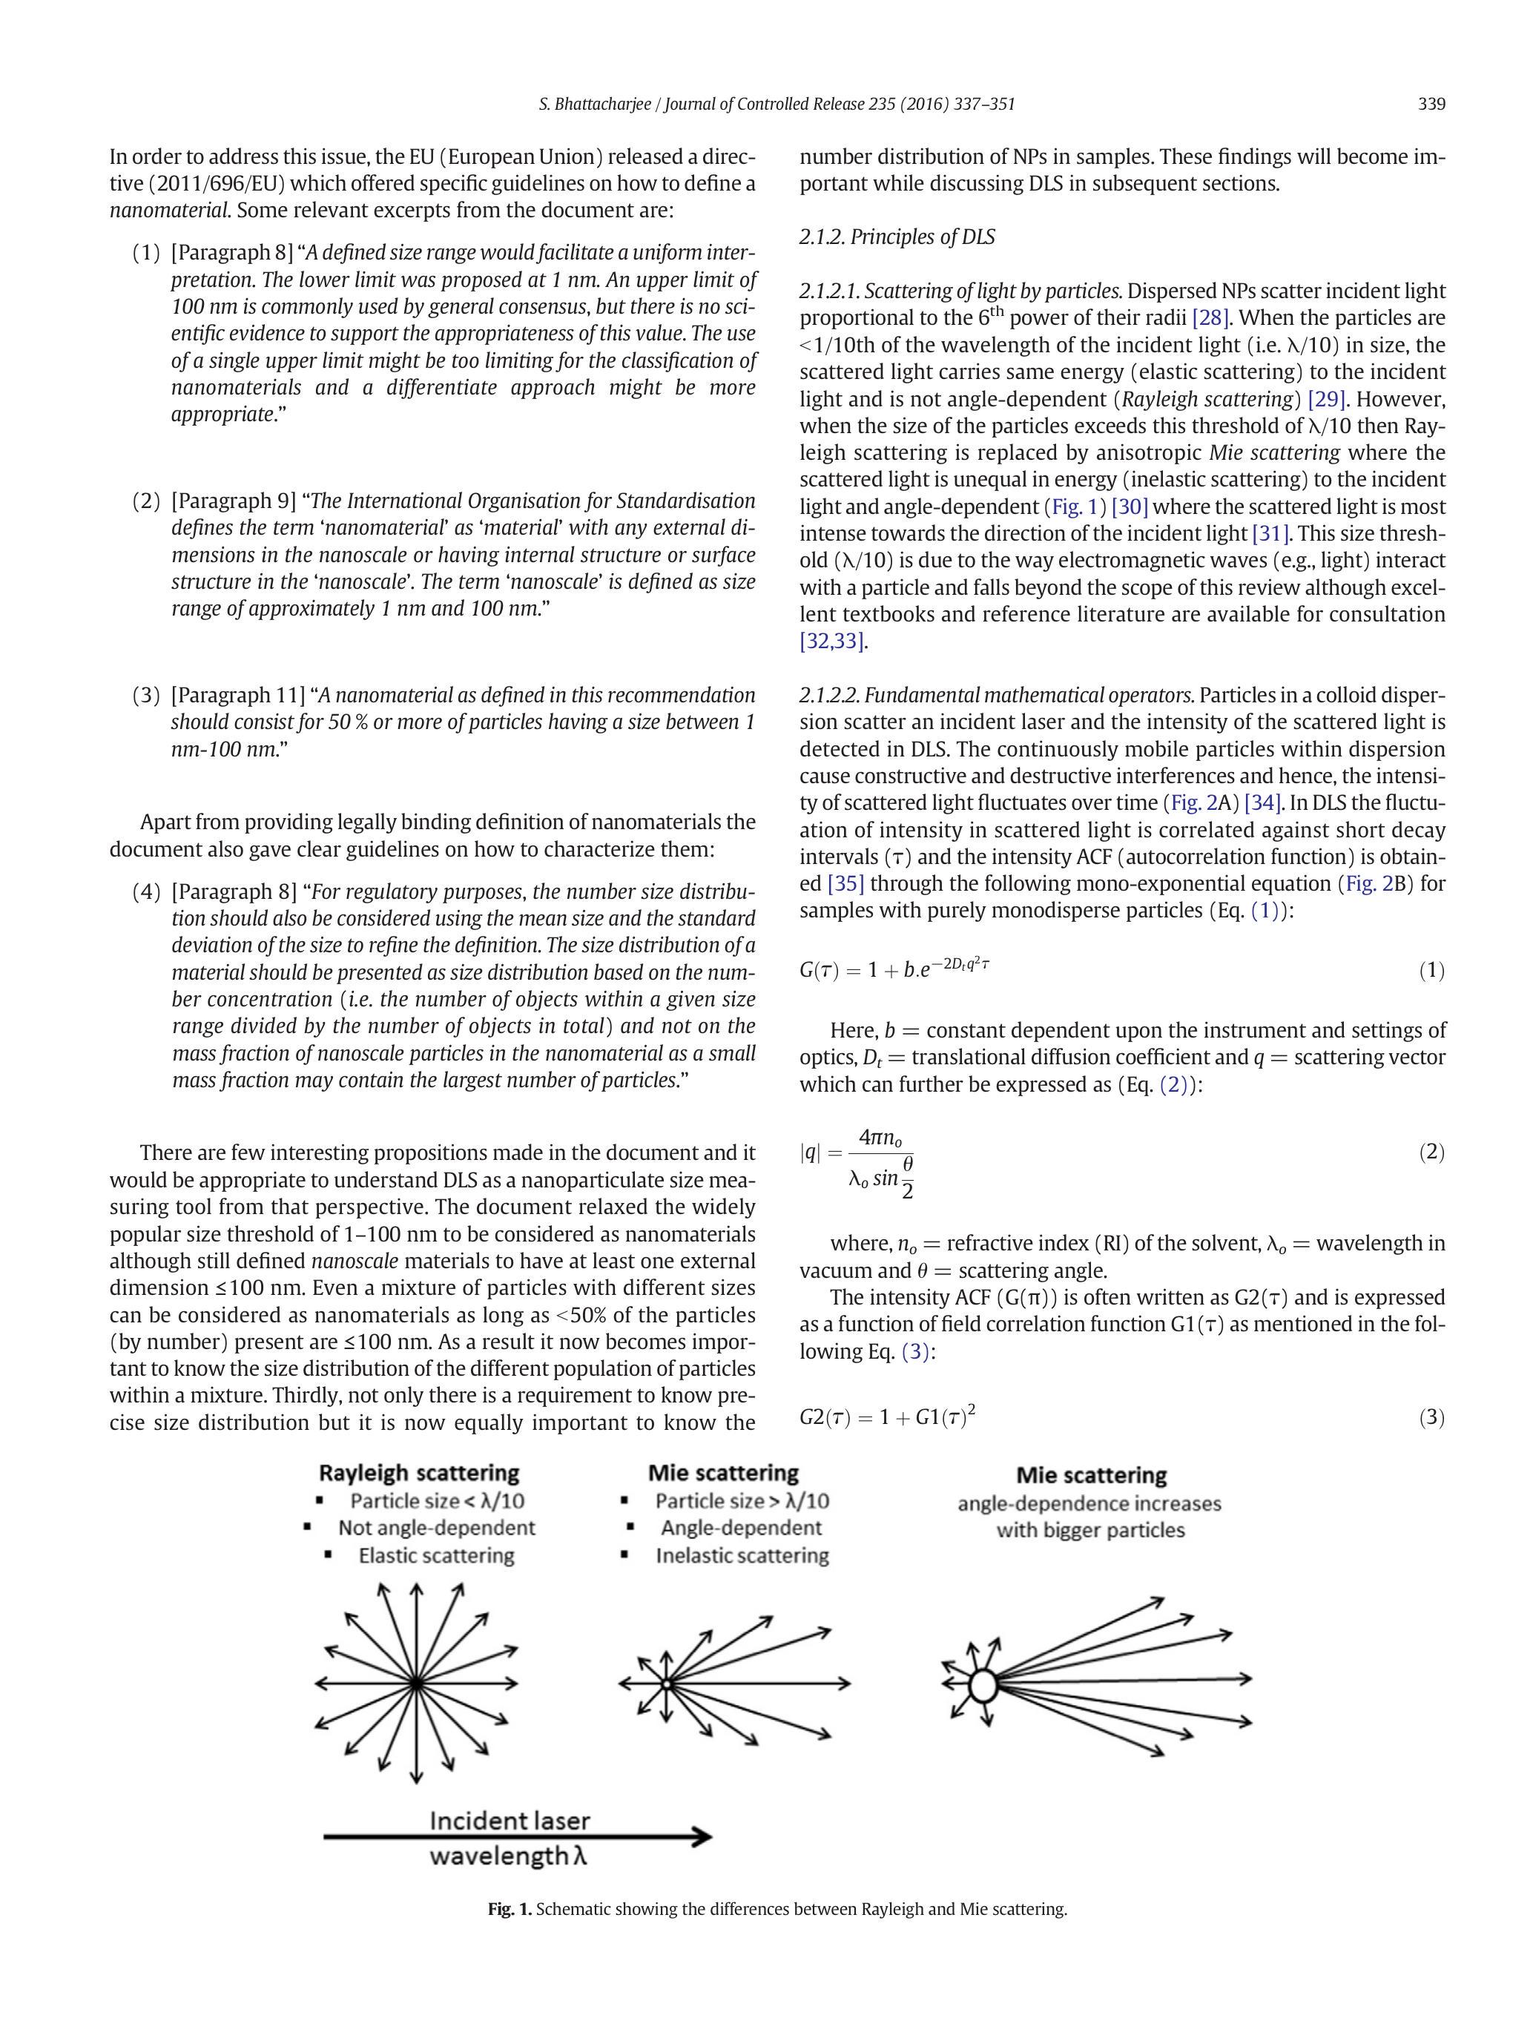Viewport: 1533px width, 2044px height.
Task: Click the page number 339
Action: pyautogui.click(x=1431, y=105)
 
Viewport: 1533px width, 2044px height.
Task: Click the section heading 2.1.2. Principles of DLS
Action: pyautogui.click(x=897, y=237)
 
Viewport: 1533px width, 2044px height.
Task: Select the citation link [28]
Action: pyautogui.click(x=1210, y=319)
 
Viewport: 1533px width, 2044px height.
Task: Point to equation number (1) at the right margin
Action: pyautogui.click(x=1431, y=970)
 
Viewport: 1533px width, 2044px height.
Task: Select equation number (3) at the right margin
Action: pyautogui.click(x=1431, y=1417)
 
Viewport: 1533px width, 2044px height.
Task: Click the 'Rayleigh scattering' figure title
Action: pyautogui.click(x=418, y=1473)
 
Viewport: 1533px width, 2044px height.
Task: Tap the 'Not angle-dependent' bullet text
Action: pyautogui.click(x=436, y=1528)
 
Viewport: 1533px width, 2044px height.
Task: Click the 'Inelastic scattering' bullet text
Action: pyautogui.click(x=742, y=1555)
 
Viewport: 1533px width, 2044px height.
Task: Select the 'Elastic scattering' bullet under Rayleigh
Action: pyautogui.click(x=436, y=1555)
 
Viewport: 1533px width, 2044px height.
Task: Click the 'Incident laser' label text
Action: pyautogui.click(x=510, y=1819)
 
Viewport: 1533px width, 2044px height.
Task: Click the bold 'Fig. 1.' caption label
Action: pyautogui.click(x=510, y=1909)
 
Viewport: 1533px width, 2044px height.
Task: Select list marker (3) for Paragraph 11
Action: pyautogui.click(x=146, y=695)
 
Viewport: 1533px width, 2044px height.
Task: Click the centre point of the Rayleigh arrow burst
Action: pyautogui.click(x=416, y=1683)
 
